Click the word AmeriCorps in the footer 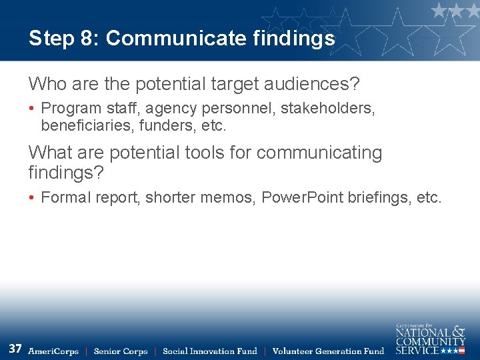53,351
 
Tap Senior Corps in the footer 121,351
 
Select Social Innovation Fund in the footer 210,351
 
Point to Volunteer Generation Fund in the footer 329,351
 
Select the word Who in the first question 45,85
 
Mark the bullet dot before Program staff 32,108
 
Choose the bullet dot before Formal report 32,197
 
